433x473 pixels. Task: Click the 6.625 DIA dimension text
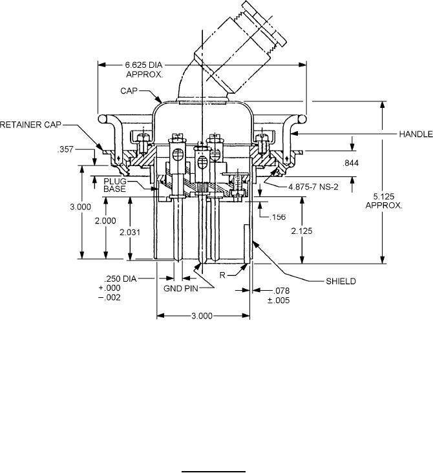pos(143,65)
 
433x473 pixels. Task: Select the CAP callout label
pos(129,91)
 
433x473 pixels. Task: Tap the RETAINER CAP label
pos(30,125)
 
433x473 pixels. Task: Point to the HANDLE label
pos(416,134)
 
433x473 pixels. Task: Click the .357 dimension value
pos(65,149)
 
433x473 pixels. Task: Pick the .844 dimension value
pos(351,163)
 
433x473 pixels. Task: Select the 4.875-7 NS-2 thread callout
pos(313,187)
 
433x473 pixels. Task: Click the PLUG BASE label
pos(114,185)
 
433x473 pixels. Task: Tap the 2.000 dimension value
pos(105,221)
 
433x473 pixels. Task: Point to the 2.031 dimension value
pos(130,232)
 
